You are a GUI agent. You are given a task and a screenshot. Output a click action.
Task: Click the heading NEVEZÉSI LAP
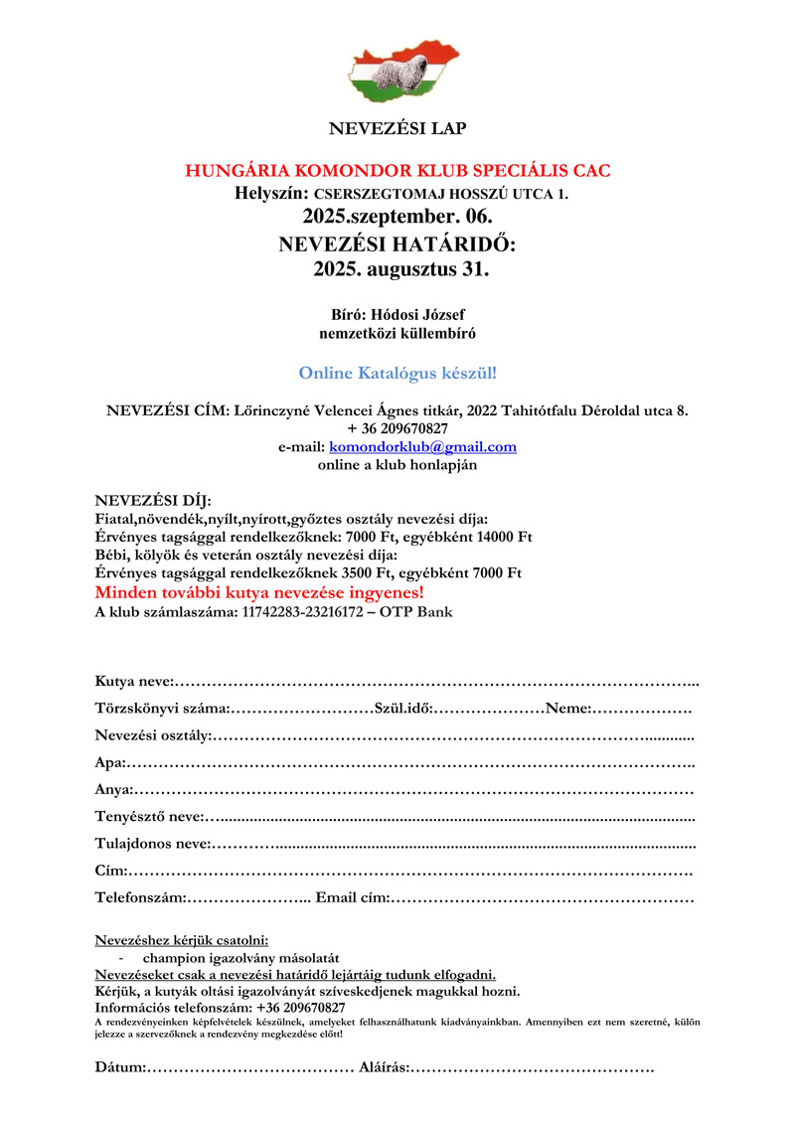tap(397, 128)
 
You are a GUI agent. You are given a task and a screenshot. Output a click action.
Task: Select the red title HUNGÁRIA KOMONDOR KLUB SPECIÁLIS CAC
tap(397, 171)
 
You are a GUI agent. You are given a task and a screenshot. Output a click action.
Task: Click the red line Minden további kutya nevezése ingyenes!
tap(259, 592)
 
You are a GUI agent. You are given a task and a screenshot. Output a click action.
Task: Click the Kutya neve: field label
tap(134, 681)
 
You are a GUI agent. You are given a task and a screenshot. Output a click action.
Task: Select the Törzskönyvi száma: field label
tap(162, 709)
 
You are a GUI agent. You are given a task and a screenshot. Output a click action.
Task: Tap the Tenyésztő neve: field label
tap(149, 817)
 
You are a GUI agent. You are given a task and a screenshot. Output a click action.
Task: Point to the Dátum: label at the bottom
tap(120, 1067)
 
